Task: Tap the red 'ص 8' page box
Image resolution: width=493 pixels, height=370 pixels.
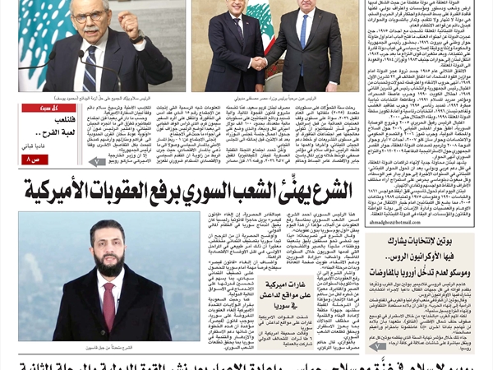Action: click(x=35, y=159)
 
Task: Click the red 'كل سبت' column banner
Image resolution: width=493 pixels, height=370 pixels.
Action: click(x=37, y=109)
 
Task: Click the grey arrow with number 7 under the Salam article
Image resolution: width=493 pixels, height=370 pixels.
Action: click(x=97, y=162)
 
